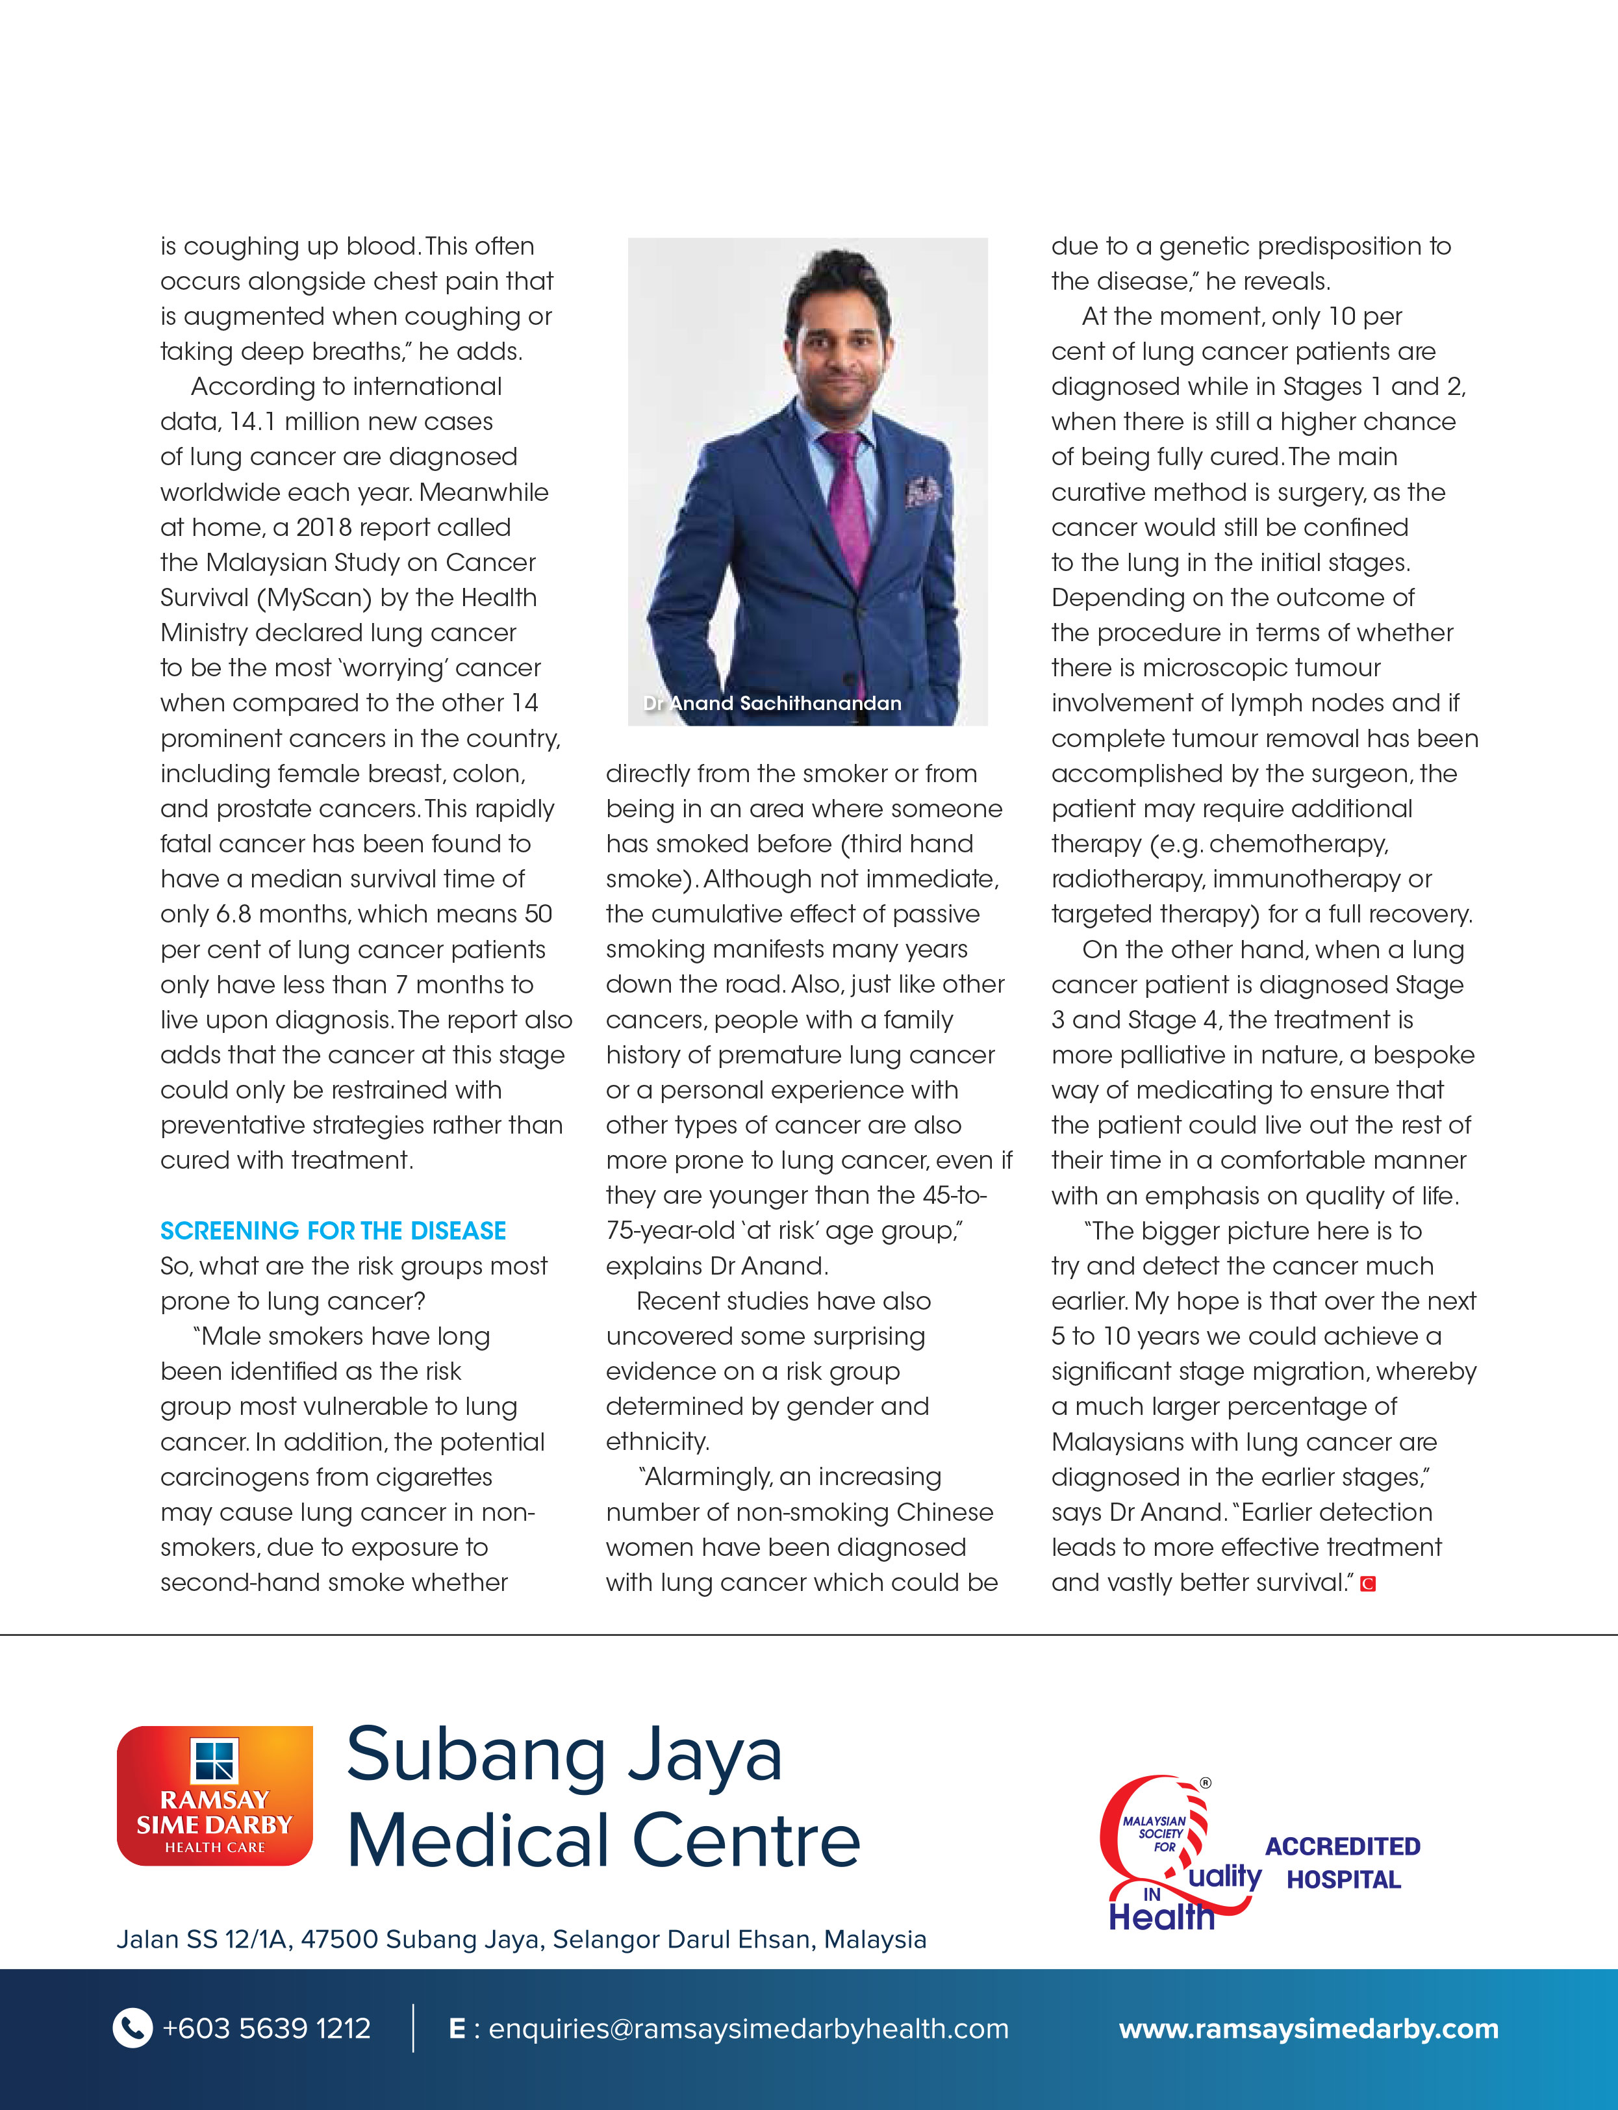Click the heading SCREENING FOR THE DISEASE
(333, 1231)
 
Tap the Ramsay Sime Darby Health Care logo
(215, 1796)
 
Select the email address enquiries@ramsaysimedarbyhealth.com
(748, 2029)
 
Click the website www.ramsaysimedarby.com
(1308, 2029)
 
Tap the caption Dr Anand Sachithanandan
(772, 703)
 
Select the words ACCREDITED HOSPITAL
(1343, 1862)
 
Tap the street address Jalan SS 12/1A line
(521, 1940)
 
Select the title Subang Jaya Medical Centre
(602, 1798)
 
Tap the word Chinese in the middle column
(944, 1512)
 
